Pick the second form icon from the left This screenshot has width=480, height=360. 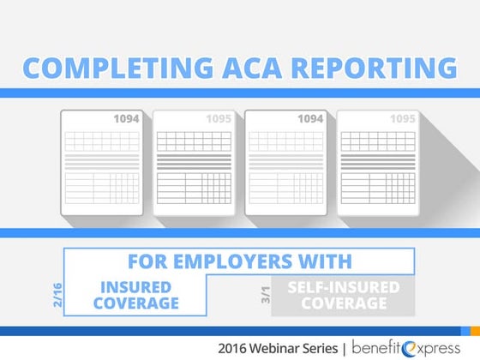point(195,162)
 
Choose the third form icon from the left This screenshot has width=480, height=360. point(286,162)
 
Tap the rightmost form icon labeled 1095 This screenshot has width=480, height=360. point(378,162)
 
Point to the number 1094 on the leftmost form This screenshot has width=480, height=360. point(126,119)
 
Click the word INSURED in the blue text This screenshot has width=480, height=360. point(137,287)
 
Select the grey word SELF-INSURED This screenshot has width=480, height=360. point(344,287)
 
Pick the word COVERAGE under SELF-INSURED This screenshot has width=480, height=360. point(344,304)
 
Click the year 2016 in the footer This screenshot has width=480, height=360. point(235,348)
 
